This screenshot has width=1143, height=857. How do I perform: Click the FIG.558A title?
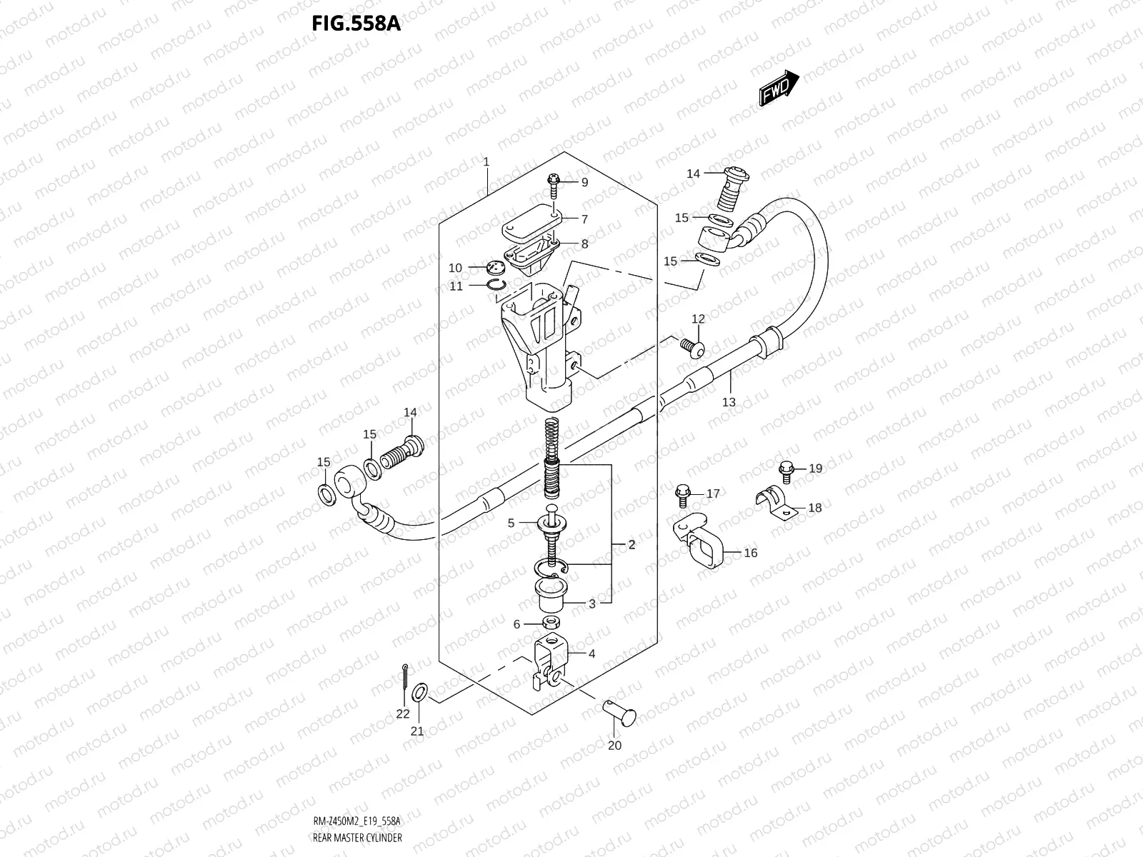coord(356,24)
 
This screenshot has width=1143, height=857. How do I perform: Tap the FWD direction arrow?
coord(778,89)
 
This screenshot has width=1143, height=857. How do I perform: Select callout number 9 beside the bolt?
coord(584,183)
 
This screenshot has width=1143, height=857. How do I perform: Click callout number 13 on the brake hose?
coord(729,402)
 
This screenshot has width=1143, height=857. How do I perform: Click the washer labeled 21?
coord(421,691)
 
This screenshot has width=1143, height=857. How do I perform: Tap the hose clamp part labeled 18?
coord(777,500)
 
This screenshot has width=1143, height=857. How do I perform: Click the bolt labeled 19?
coord(787,468)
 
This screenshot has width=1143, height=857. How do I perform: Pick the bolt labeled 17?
coord(681,492)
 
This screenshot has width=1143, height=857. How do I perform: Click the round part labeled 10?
coord(493,268)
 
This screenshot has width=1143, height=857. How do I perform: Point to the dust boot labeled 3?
coord(551,593)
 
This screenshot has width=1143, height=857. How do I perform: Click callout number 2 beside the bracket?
coord(632,545)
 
